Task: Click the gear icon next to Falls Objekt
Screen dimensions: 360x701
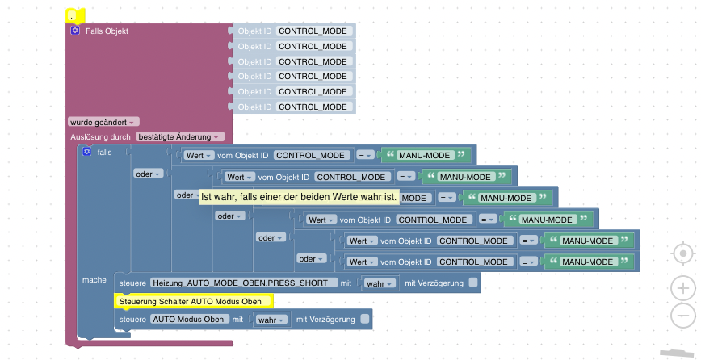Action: coord(75,31)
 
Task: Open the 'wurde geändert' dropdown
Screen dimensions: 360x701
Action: coord(104,122)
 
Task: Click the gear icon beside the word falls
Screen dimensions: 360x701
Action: coord(87,152)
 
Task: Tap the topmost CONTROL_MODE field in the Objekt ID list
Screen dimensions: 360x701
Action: coord(313,31)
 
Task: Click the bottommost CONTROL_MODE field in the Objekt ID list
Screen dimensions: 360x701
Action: coord(313,107)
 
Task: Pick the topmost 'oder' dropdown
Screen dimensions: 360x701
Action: coord(149,173)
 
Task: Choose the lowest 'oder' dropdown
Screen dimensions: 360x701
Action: coord(312,258)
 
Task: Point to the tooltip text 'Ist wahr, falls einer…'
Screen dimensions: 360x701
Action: coord(299,197)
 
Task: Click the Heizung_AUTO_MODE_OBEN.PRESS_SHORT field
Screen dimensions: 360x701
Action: coord(239,283)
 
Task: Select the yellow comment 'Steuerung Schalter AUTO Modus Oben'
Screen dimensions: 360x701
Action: coord(194,302)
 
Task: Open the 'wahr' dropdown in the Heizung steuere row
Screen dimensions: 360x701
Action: coord(380,283)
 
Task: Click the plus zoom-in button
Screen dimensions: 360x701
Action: coord(682,288)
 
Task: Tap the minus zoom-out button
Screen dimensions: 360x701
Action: coord(682,316)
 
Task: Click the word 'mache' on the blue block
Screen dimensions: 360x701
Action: coord(94,279)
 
